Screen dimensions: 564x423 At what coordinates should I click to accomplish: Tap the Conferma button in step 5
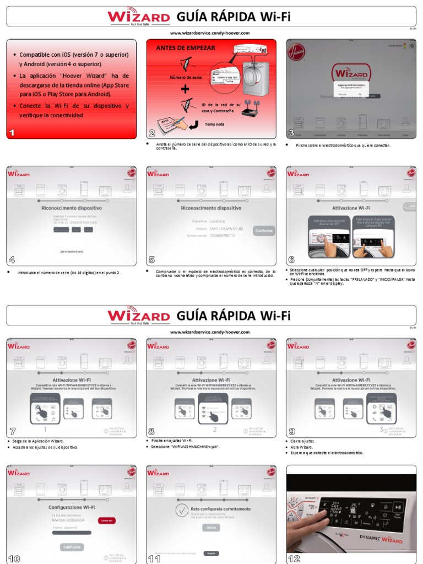[264, 231]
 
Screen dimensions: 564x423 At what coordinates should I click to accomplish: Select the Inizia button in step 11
[211, 527]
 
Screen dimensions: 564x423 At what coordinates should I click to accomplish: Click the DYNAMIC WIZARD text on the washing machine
[381, 538]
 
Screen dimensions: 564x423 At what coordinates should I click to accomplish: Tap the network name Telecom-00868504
[68, 519]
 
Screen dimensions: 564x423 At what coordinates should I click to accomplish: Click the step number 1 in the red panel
[12, 132]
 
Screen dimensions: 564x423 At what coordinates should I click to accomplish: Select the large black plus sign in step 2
[185, 89]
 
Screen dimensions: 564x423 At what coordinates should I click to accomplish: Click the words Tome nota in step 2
[214, 124]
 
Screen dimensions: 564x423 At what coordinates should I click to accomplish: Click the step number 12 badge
[294, 558]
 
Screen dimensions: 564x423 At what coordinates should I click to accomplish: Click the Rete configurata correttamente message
[221, 509]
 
